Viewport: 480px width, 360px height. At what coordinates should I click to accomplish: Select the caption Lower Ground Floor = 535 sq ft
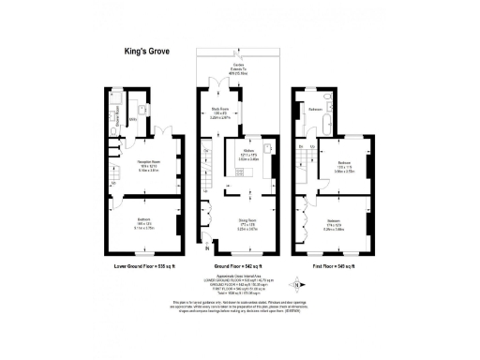pos(144,267)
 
